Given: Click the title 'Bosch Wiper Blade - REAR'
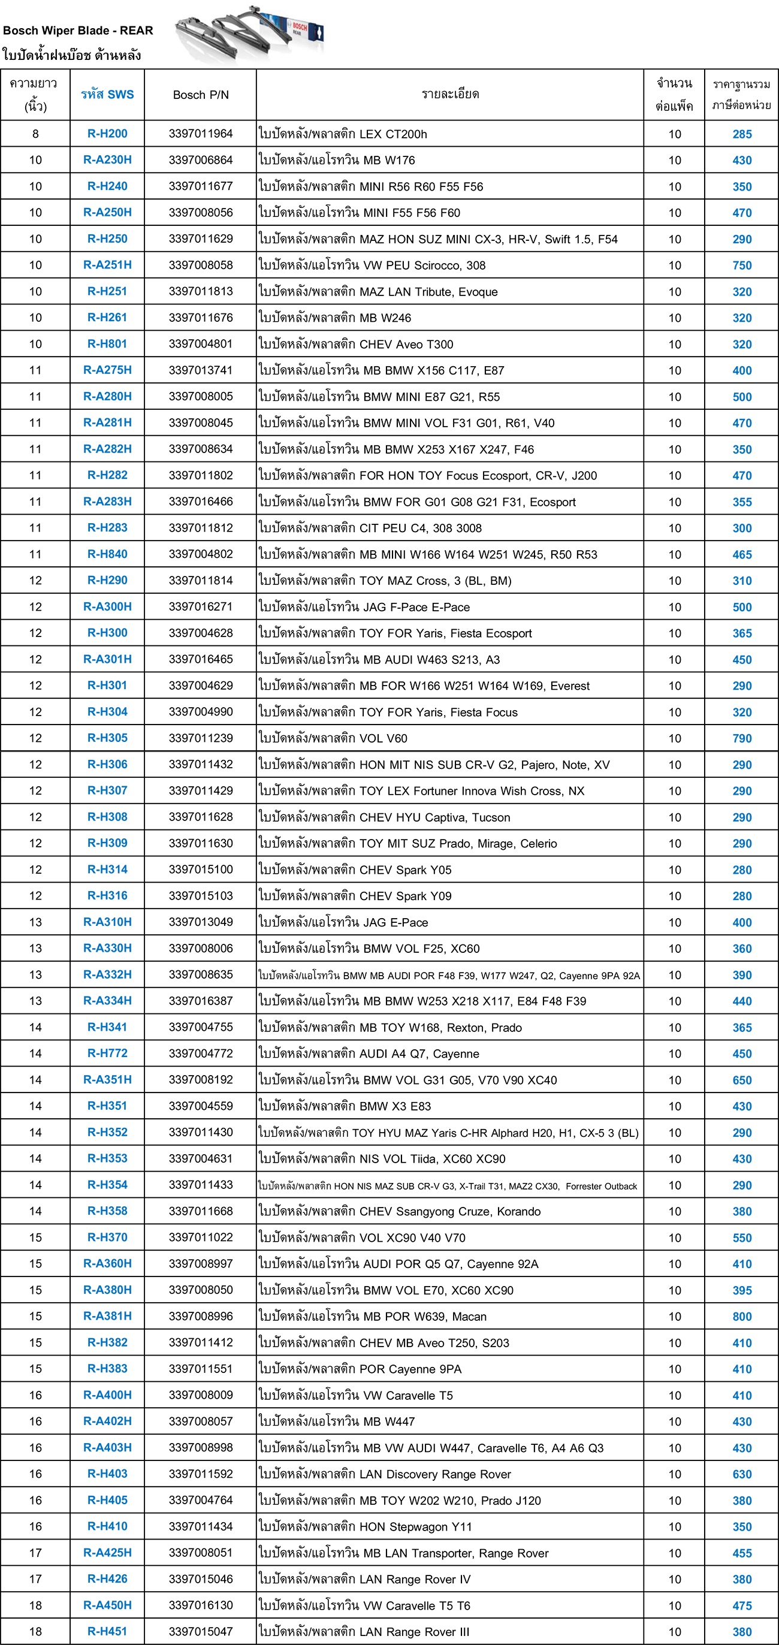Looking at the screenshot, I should click(78, 31).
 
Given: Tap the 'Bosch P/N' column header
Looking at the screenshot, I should click(201, 95).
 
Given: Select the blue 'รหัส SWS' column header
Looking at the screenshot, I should click(107, 95).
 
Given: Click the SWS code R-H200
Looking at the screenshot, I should click(107, 134).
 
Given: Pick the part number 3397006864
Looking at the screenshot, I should click(201, 159).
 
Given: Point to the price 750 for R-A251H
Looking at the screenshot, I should click(741, 265).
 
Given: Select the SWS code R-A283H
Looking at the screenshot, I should click(107, 502).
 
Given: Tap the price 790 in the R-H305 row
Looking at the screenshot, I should click(741, 738).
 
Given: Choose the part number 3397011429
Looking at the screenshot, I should click(201, 790).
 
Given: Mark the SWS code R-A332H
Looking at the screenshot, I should click(107, 974).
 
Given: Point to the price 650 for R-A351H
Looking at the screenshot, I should click(741, 1080).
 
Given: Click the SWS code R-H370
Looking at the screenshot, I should click(107, 1237).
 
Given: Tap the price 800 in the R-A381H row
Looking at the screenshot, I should click(741, 1316).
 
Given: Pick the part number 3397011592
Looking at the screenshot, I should click(201, 1474).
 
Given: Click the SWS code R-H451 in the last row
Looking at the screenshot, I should click(107, 1632).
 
